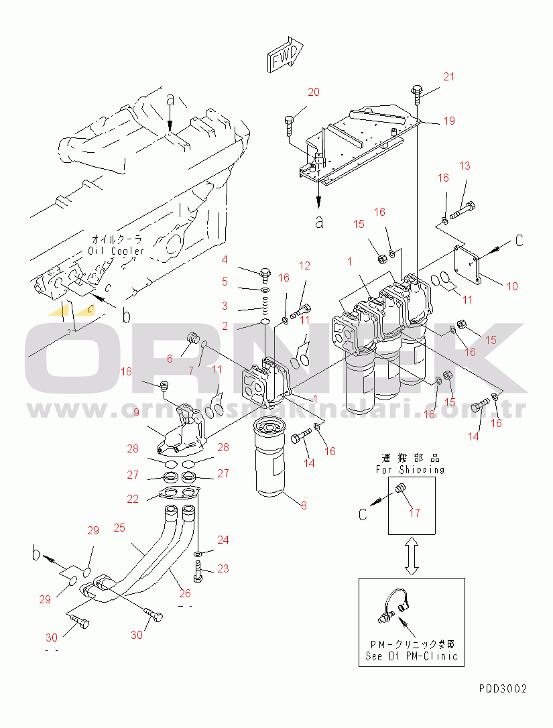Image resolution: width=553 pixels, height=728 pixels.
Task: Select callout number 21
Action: point(448,77)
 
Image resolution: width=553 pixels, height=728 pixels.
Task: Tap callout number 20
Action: point(314,93)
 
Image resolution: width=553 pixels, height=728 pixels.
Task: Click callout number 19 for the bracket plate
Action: point(448,121)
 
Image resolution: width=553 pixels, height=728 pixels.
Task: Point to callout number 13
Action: point(465,166)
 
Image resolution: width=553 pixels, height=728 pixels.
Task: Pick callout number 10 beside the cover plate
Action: point(512,286)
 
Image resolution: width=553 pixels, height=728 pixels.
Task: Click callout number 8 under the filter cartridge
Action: point(304,505)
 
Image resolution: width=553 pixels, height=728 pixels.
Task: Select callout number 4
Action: point(225,259)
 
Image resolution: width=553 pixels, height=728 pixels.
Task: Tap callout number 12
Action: point(304,266)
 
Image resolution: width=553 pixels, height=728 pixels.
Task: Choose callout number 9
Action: point(136,413)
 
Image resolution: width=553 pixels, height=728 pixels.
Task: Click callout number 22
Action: point(133,499)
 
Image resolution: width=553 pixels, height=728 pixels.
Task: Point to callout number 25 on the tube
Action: point(119,528)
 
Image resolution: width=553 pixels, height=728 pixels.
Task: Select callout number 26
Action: point(185,593)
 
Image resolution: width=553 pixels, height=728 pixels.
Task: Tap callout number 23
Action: point(223,568)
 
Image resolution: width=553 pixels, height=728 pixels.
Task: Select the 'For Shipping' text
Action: point(410,470)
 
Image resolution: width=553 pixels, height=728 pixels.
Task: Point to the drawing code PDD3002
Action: point(503,688)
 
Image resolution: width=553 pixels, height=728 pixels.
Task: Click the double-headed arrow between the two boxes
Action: point(412,555)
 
